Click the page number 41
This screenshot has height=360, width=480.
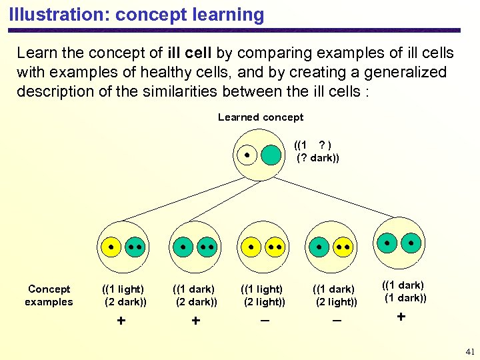[x=469, y=351]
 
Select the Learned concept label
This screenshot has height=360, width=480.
[x=260, y=117]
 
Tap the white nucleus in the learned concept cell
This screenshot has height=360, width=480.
[x=247, y=155]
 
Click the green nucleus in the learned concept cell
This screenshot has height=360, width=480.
[x=271, y=155]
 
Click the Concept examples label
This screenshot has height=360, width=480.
[x=49, y=295]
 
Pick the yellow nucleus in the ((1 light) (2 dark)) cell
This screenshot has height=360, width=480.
[x=111, y=247]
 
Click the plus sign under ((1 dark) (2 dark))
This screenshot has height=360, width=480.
[x=195, y=321]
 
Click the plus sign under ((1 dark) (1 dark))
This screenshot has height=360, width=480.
[x=401, y=317]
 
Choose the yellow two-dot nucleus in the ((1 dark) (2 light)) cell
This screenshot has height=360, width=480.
[x=343, y=247]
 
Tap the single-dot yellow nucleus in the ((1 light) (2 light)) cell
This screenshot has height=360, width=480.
[x=251, y=247]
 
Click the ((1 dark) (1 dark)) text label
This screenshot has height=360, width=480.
[x=404, y=291]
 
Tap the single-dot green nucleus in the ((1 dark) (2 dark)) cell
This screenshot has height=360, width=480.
[x=183, y=247]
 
